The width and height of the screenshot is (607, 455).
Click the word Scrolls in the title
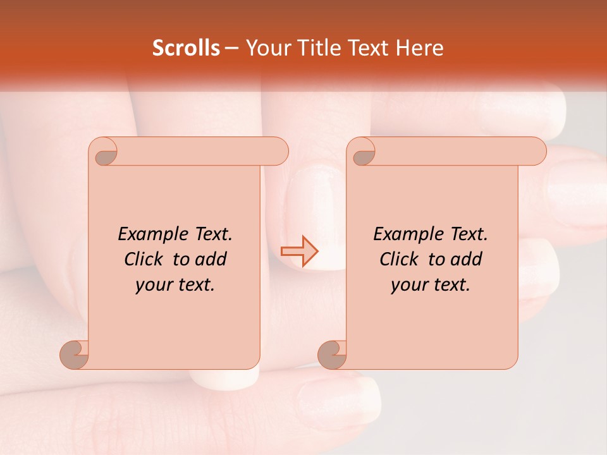click(186, 48)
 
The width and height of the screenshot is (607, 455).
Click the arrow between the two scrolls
click(300, 252)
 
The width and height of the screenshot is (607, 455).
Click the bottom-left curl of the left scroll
click(75, 355)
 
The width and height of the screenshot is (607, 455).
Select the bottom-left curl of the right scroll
click(333, 355)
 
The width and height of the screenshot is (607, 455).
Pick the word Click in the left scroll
click(145, 259)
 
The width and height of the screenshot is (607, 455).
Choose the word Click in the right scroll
click(400, 259)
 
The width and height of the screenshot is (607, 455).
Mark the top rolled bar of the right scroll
click(455, 151)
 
